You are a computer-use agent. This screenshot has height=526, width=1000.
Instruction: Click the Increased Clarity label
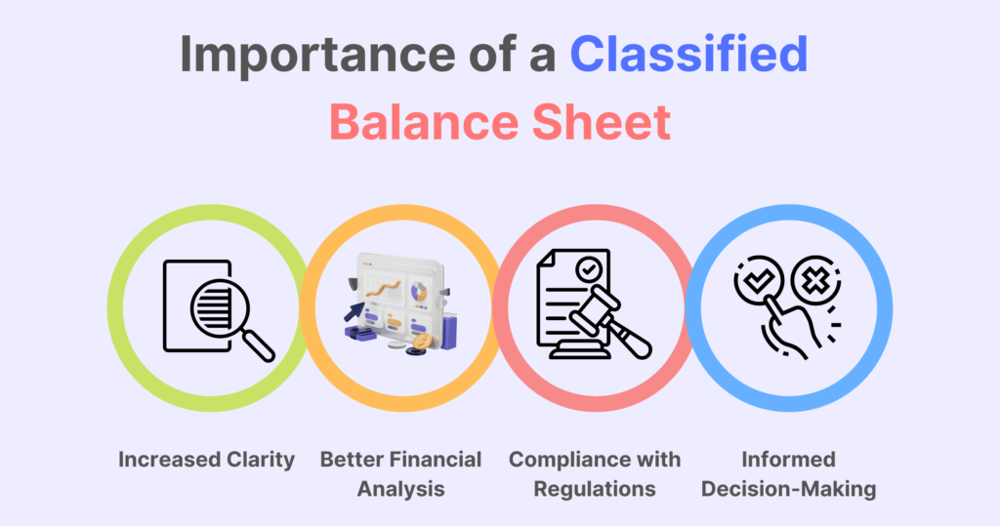[206, 460]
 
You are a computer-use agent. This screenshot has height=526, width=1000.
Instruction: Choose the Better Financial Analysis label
[400, 472]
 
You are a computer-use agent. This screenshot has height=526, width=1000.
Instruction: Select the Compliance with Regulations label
[595, 472]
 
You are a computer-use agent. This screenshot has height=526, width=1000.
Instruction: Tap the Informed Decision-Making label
[789, 472]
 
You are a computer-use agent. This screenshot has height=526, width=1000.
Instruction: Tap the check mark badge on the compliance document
[588, 268]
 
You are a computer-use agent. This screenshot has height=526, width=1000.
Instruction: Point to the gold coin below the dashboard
[423, 342]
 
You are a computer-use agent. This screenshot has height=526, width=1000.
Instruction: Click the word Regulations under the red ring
[595, 487]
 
